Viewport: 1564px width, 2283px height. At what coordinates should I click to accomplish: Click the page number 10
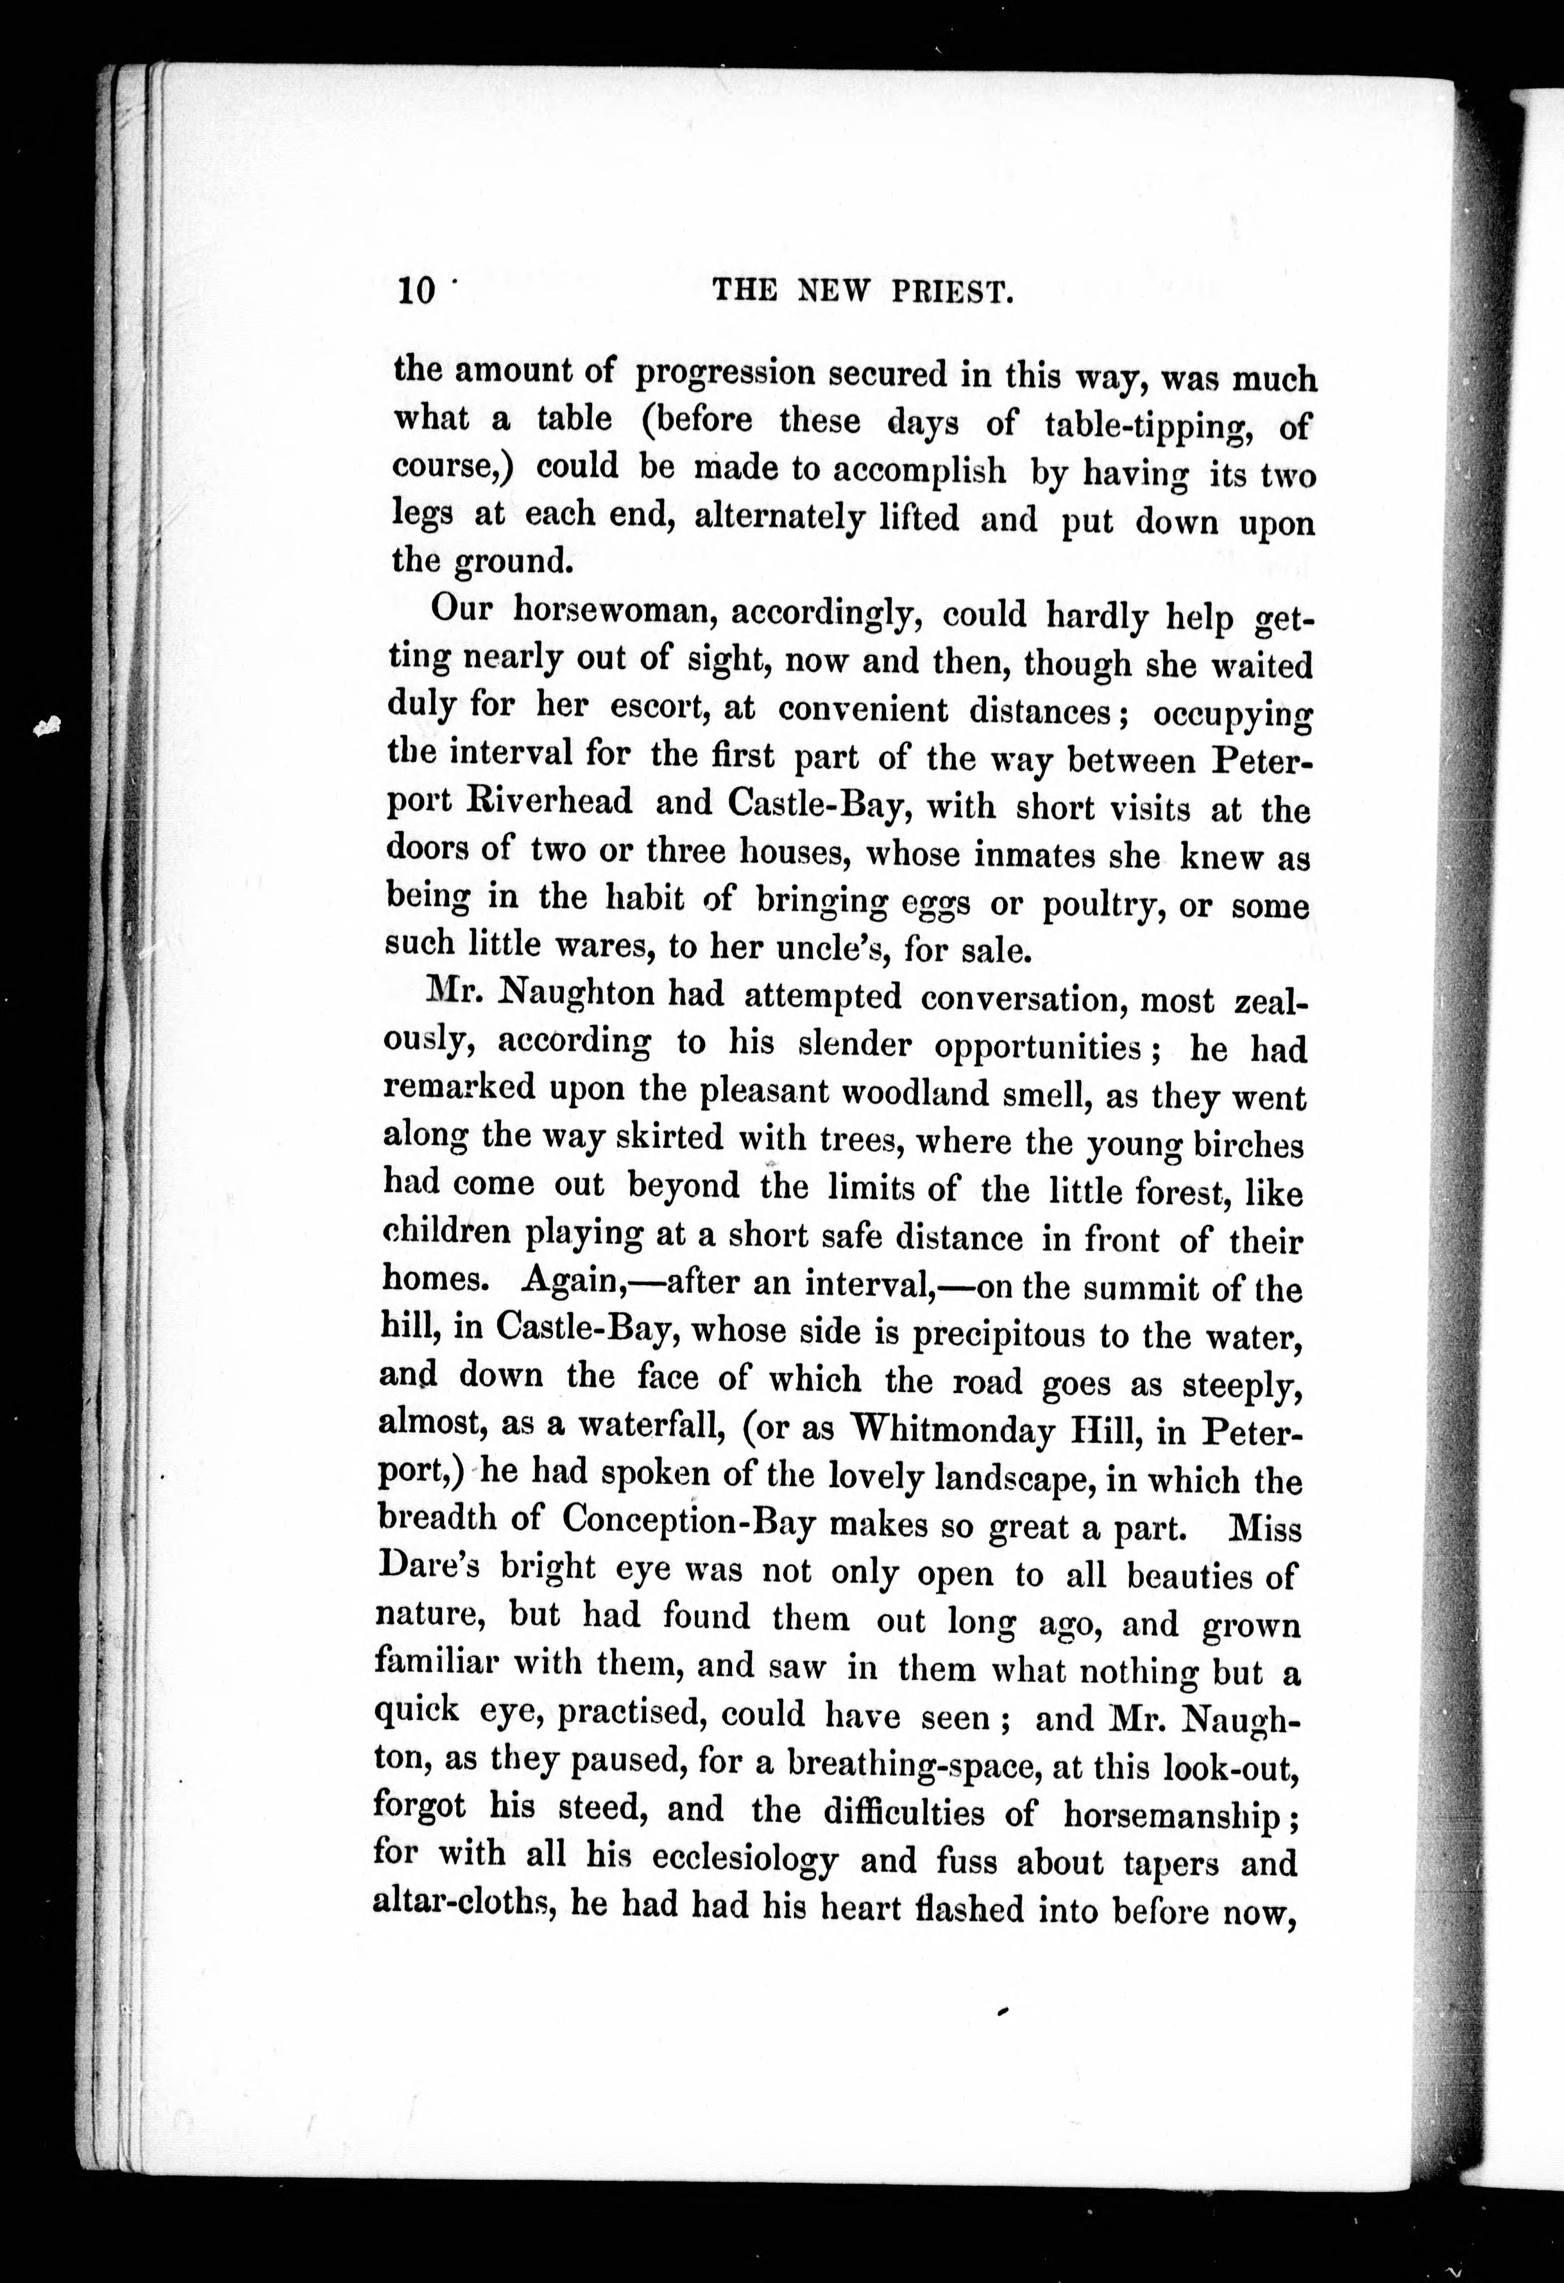click(x=416, y=292)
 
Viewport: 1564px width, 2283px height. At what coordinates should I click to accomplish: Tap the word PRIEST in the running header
click(x=951, y=292)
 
